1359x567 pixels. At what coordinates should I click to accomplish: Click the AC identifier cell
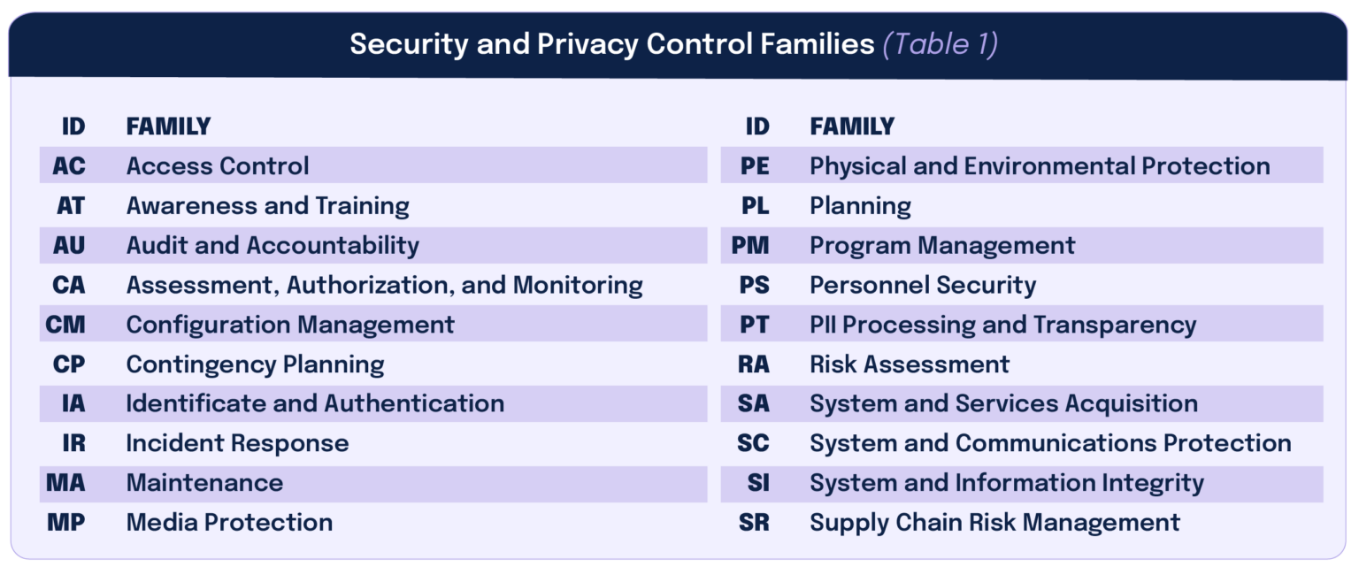(x=69, y=165)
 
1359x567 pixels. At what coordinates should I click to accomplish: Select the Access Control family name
(x=218, y=165)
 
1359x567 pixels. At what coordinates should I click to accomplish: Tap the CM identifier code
(x=66, y=325)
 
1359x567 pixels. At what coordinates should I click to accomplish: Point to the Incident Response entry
(x=237, y=443)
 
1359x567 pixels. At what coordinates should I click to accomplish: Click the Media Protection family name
(x=229, y=522)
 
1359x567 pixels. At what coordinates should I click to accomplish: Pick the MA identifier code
(x=66, y=483)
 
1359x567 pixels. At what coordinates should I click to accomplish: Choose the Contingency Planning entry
(x=255, y=364)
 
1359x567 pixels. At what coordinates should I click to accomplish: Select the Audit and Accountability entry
(x=273, y=245)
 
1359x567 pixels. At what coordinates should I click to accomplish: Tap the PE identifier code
(x=755, y=165)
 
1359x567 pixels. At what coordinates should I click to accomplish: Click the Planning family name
(x=860, y=206)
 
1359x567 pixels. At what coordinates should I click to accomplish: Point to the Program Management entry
(x=942, y=245)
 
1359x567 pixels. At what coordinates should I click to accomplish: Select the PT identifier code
(x=755, y=325)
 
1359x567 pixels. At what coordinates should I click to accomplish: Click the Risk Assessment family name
(x=910, y=364)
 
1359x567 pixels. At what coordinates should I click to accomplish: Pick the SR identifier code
(x=754, y=522)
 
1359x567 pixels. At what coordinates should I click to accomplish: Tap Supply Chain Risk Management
(x=994, y=522)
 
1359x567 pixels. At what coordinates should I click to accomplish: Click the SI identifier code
(x=758, y=483)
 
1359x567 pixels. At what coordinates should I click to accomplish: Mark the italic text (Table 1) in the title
(x=941, y=44)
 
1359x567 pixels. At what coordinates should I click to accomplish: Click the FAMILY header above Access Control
(x=168, y=126)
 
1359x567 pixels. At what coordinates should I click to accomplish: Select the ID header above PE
(x=757, y=126)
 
